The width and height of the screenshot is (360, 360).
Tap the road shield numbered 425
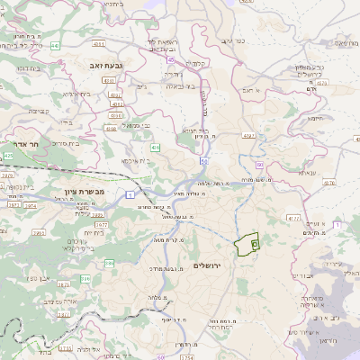(x=8, y=156)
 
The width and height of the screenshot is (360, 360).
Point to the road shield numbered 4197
(x=249, y=135)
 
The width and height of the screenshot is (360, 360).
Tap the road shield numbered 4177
(x=292, y=217)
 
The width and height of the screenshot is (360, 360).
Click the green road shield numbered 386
(x=109, y=263)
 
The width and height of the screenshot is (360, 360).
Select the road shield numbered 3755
(x=64, y=348)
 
